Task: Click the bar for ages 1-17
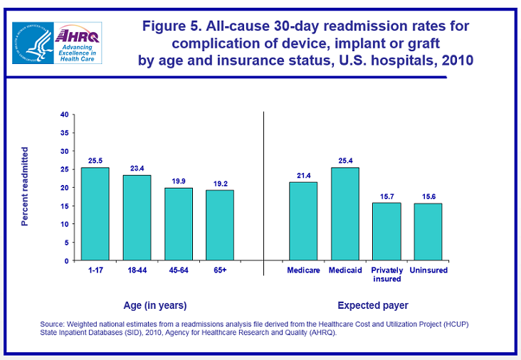coord(95,213)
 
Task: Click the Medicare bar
coord(303,221)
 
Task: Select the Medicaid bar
coord(345,213)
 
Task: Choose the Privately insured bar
coord(386,231)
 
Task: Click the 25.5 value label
coord(95,160)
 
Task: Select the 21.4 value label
coord(303,175)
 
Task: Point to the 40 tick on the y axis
coord(64,115)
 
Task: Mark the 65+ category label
coord(220,270)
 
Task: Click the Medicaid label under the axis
coord(345,270)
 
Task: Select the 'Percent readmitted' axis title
coord(25,186)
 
